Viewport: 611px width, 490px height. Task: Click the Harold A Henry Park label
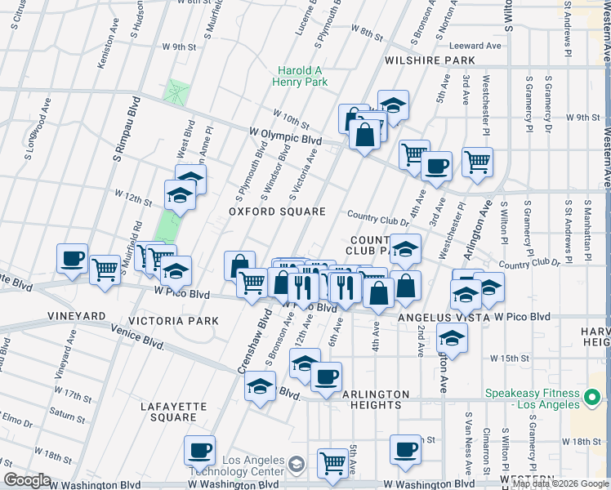point(302,77)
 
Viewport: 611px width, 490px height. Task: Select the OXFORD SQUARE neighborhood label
point(277,212)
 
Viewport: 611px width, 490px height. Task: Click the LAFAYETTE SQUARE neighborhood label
point(168,412)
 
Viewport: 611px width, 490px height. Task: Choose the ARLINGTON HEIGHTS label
point(372,399)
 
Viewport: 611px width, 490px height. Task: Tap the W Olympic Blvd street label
point(284,136)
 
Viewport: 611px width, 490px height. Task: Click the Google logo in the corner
point(26,480)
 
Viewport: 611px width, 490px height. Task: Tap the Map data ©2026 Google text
point(560,484)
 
